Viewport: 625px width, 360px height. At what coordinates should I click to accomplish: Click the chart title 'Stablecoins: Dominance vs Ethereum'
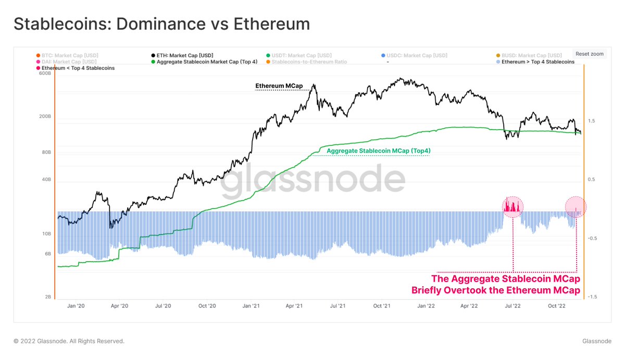(161, 24)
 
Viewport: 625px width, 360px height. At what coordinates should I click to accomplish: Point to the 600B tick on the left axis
(45, 73)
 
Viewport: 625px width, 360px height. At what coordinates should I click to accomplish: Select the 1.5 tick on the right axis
(591, 121)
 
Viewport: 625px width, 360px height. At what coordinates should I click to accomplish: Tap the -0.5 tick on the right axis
(592, 238)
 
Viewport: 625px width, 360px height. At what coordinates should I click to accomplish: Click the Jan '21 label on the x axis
(251, 306)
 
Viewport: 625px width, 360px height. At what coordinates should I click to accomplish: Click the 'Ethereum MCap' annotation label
(279, 85)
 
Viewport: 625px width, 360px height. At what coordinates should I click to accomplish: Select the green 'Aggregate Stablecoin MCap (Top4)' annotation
(379, 151)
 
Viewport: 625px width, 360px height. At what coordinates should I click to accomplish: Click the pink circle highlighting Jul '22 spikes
(512, 207)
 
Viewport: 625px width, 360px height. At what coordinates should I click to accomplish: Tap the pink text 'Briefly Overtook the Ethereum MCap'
(495, 290)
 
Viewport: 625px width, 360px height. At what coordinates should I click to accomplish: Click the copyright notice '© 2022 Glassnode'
(69, 341)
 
